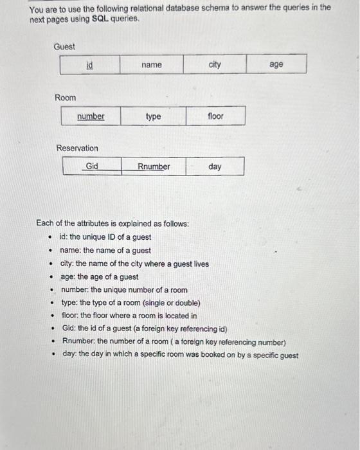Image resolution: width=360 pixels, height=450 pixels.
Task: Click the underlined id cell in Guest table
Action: pyautogui.click(x=90, y=65)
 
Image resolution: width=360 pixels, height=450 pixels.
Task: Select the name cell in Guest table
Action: pyautogui.click(x=152, y=65)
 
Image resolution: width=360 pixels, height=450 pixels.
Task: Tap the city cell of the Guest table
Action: pyautogui.click(x=215, y=65)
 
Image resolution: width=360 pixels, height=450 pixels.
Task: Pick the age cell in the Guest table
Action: pyautogui.click(x=276, y=65)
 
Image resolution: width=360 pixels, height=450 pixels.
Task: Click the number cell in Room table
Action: pyautogui.click(x=91, y=116)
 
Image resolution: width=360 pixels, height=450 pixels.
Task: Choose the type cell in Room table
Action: pyautogui.click(x=153, y=116)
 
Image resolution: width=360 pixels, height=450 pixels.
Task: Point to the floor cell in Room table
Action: pyautogui.click(x=215, y=116)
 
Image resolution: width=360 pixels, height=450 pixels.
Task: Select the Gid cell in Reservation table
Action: pyautogui.click(x=92, y=166)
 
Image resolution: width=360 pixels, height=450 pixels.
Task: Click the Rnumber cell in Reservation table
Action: pyautogui.click(x=154, y=166)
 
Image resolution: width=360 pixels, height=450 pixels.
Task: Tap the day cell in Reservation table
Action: pyautogui.click(x=215, y=166)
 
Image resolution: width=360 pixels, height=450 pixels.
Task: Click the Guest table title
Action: pyautogui.click(x=64, y=47)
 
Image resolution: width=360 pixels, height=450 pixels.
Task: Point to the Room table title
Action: pyautogui.click(x=65, y=98)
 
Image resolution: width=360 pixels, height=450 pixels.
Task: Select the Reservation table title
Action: pyautogui.click(x=77, y=148)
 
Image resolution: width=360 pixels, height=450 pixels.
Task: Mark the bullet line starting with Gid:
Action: pyautogui.click(x=145, y=328)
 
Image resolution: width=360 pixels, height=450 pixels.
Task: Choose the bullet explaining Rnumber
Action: pyautogui.click(x=174, y=341)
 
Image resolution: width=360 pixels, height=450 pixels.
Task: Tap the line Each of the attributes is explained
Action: pyautogui.click(x=113, y=224)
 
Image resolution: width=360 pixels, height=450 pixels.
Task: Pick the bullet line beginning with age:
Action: pyautogui.click(x=99, y=276)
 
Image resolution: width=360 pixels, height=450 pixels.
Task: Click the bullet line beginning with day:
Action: pyautogui.click(x=180, y=355)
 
